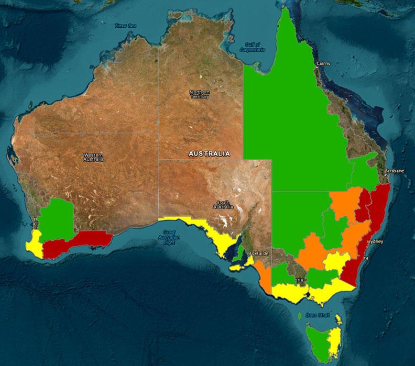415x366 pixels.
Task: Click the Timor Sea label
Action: [x=126, y=25]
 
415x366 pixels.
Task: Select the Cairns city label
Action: [x=323, y=63]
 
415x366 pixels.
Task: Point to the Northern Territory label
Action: [x=199, y=94]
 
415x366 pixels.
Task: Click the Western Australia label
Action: [x=94, y=157]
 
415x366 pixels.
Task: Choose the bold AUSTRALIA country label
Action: [x=209, y=154]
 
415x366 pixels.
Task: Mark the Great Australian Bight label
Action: [x=169, y=237]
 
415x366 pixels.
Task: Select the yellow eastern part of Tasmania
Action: [x=334, y=343]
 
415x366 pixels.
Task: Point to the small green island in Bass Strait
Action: [x=300, y=316]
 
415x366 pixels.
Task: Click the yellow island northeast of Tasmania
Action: [x=338, y=318]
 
